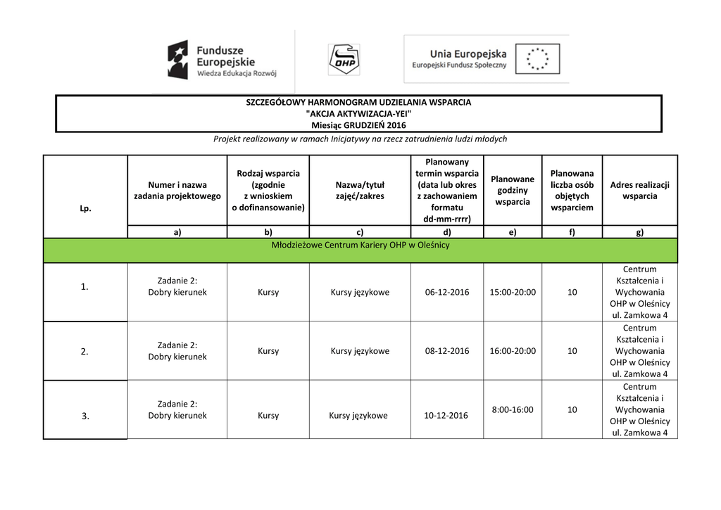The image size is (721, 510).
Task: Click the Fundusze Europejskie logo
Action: click(222, 60)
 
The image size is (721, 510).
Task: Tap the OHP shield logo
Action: click(344, 60)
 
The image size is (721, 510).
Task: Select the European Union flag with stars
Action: click(537, 59)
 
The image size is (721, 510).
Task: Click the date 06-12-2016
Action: click(447, 292)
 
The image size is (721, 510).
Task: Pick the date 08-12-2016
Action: click(447, 351)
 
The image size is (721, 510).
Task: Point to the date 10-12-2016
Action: click(446, 416)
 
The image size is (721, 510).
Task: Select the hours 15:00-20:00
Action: click(513, 292)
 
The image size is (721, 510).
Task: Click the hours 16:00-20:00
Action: click(513, 351)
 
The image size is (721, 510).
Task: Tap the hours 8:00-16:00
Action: click(513, 409)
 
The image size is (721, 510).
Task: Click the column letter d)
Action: click(447, 231)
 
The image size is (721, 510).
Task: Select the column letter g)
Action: click(639, 231)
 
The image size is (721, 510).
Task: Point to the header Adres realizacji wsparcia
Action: click(639, 191)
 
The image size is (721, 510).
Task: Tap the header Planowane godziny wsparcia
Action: click(513, 191)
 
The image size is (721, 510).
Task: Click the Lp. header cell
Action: click(85, 209)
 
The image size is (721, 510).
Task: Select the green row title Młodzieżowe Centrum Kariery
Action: click(360, 246)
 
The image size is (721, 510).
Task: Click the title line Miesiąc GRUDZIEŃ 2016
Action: click(359, 125)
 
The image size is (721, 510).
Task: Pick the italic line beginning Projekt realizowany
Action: click(360, 139)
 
